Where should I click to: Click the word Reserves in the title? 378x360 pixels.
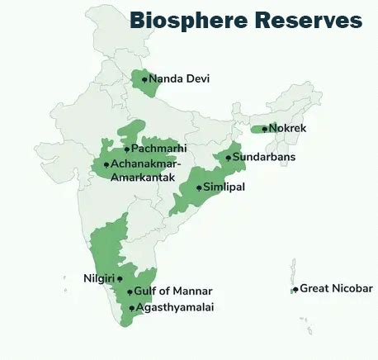309,20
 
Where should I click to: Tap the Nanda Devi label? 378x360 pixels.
179,79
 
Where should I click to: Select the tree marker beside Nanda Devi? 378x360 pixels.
144,79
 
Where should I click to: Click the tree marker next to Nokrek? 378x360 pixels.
264,129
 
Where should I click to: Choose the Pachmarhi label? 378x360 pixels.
159,149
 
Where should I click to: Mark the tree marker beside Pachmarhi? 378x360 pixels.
126,149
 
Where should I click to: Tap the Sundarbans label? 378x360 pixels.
263,157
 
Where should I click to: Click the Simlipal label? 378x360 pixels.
224,187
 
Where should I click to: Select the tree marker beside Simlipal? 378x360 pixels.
199,188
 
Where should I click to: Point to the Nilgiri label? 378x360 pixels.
99,278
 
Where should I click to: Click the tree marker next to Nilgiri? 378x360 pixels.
120,279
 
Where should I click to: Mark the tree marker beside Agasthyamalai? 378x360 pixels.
131,308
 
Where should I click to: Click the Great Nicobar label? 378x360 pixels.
336,288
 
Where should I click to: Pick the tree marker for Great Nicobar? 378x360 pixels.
295,289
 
